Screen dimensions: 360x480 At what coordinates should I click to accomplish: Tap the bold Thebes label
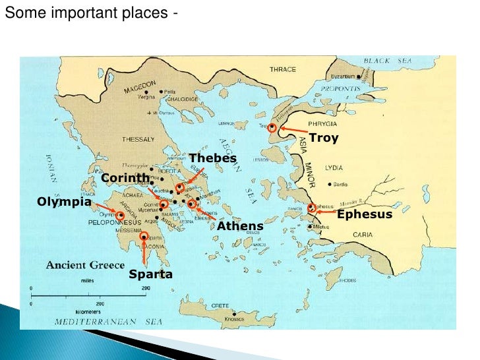[212, 158]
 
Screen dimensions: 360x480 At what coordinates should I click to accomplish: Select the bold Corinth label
[125, 178]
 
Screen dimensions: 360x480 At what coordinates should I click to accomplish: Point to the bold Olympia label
[64, 202]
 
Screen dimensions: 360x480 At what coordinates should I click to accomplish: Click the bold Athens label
[240, 226]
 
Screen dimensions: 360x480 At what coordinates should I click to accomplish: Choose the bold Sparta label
[150, 274]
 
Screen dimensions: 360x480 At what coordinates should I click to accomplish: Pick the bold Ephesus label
[365, 214]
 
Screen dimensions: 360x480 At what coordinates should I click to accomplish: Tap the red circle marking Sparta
[144, 236]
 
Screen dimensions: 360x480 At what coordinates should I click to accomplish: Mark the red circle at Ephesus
[311, 208]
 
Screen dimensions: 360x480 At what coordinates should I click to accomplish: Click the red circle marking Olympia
[121, 215]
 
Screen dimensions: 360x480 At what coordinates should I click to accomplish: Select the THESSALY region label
[138, 139]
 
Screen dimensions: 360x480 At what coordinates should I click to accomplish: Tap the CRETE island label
[220, 306]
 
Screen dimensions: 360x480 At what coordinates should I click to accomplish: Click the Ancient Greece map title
[85, 265]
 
